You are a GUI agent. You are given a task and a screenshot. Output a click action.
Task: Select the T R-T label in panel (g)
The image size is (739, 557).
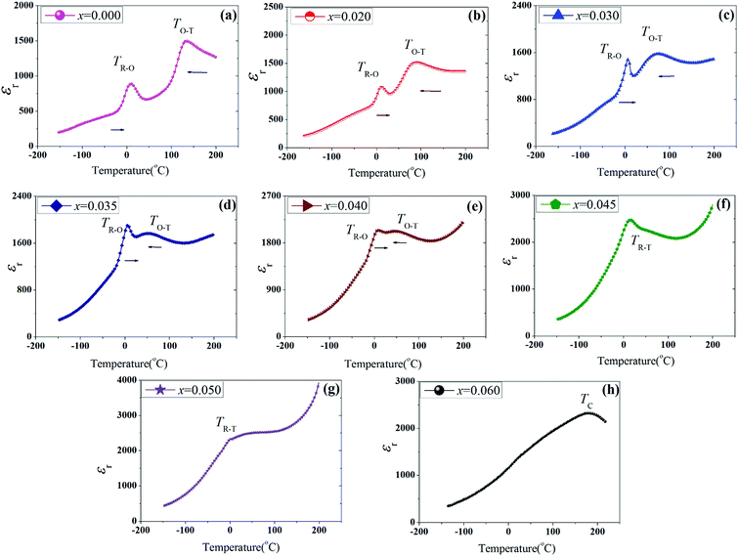click(227, 423)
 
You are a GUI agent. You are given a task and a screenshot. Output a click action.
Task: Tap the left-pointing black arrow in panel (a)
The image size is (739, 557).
click(197, 72)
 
